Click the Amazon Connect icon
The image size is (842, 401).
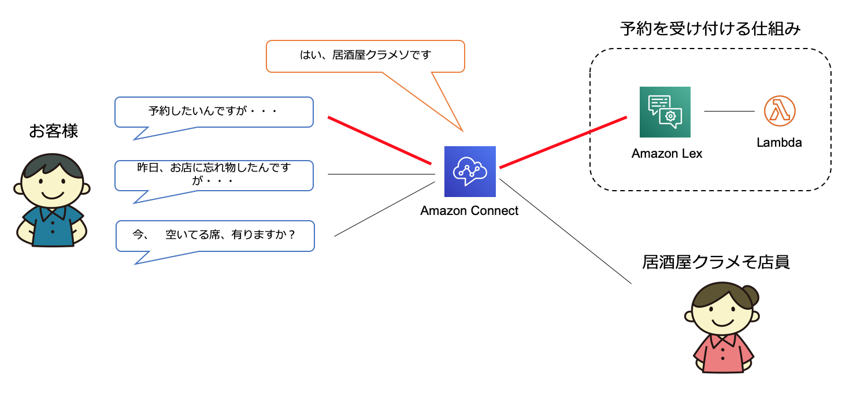tap(470, 171)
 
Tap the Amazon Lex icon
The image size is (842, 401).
tap(665, 112)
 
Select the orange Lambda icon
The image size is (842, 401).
tap(780, 111)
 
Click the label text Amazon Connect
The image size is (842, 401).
tap(469, 211)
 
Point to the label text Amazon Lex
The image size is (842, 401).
tap(667, 154)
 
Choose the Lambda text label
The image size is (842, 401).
tap(779, 142)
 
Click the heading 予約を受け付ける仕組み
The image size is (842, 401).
tap(710, 29)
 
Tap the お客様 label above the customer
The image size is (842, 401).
tap(53, 132)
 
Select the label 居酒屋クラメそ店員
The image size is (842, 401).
tap(716, 262)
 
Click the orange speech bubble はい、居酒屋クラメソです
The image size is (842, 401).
tap(365, 56)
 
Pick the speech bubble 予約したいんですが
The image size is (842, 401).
tap(214, 112)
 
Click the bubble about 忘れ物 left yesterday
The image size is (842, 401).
tap(214, 175)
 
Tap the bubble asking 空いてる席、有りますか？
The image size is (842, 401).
tap(215, 235)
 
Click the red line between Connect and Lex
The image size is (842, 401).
tap(563, 143)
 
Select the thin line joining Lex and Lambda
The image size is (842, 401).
tap(729, 111)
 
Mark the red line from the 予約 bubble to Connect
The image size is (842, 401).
tap(380, 140)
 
